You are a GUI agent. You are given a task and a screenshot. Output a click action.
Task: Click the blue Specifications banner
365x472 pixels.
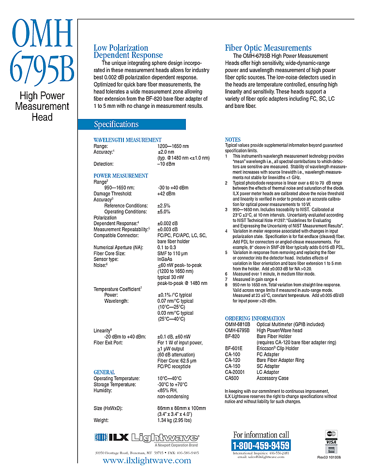(132, 124)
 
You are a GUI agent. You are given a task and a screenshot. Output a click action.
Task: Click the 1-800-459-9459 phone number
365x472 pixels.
(261, 445)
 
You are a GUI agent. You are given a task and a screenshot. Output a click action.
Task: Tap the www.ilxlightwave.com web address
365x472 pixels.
(147, 460)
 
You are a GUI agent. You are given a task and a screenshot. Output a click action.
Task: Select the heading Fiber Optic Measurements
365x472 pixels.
(268, 48)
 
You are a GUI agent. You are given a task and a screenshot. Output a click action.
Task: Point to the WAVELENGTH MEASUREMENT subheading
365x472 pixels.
(127, 140)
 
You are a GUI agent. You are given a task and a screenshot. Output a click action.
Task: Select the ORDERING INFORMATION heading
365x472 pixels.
(255, 318)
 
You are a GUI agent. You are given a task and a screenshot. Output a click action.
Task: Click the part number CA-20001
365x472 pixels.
(236, 372)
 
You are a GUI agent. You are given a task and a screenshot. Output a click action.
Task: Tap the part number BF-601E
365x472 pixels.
(234, 348)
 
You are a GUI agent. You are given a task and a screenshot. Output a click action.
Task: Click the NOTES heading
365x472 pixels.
(233, 140)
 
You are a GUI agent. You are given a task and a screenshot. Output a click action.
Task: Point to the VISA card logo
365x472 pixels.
(331, 442)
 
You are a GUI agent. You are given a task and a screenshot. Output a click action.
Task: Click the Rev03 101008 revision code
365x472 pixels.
(329, 457)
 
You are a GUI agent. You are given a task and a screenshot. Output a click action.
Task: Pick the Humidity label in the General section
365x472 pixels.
(104, 390)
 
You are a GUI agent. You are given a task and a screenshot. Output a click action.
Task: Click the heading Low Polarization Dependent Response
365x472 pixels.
(128, 51)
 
